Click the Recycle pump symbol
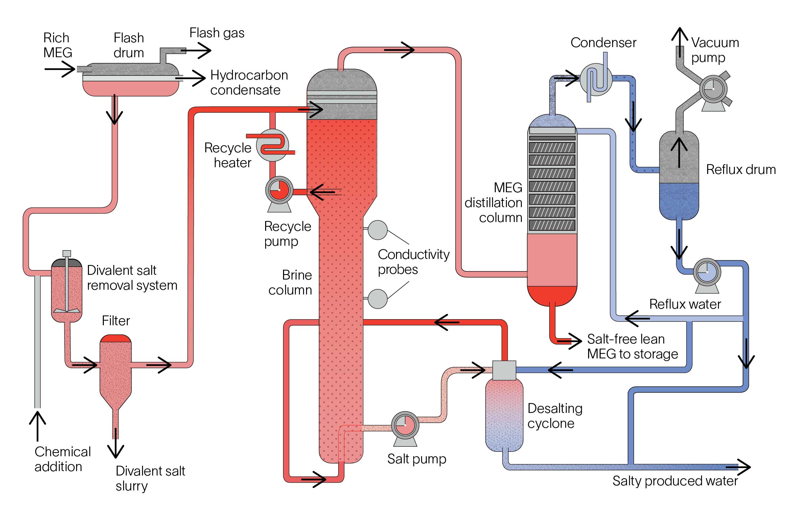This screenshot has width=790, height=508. click(x=279, y=190)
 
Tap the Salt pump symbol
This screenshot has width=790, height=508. click(x=405, y=425)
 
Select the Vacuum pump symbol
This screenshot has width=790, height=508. click(x=713, y=89)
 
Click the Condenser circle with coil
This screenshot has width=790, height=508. click(x=596, y=80)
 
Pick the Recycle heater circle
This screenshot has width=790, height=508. click(x=272, y=145)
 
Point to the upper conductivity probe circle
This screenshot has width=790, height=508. click(x=377, y=230)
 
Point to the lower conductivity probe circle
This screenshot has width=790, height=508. click(x=377, y=299)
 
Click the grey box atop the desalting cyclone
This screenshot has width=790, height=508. click(x=504, y=370)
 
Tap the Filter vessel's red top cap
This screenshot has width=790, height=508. click(x=116, y=338)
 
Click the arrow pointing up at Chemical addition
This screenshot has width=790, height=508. click(x=37, y=425)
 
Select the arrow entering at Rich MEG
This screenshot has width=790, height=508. click(x=60, y=69)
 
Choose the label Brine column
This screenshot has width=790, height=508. click(x=290, y=283)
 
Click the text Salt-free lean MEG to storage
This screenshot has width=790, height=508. click(x=632, y=347)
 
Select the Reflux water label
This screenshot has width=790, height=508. click(x=685, y=304)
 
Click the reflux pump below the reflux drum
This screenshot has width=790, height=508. click(x=706, y=272)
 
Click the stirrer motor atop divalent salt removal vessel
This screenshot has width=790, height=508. click(x=67, y=253)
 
